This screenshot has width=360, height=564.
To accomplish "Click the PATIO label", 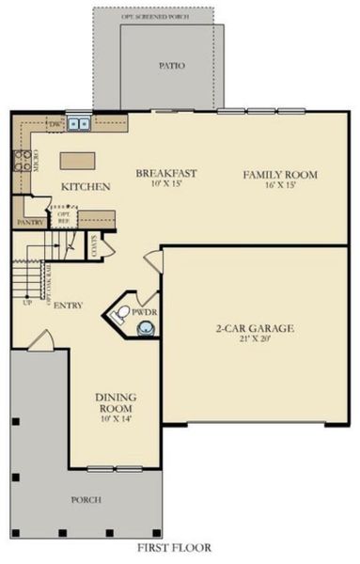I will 172,67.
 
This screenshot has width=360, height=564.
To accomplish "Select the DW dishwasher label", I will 55,123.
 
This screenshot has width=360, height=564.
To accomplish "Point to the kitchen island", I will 77,160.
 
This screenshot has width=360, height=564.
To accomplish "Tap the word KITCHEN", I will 86,187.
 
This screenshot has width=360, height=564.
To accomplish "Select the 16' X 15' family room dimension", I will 280,187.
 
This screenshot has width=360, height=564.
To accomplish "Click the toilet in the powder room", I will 120,315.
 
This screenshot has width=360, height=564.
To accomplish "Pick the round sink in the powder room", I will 146,330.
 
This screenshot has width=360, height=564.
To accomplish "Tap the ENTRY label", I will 69,305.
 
